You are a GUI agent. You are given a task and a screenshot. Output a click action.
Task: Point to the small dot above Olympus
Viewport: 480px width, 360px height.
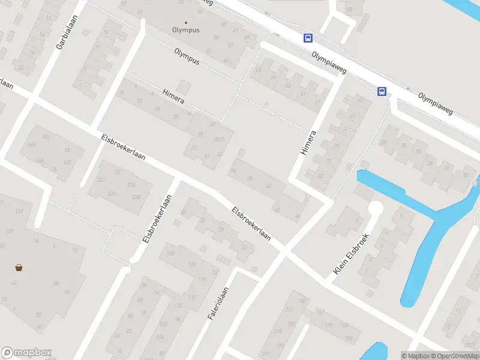(186, 23)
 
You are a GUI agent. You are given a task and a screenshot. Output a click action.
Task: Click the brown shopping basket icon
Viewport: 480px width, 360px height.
(19, 268)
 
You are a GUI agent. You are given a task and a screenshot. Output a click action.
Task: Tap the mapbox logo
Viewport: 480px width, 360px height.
(26, 353)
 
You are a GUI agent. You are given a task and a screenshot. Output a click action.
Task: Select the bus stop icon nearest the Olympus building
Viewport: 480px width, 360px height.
(308, 38)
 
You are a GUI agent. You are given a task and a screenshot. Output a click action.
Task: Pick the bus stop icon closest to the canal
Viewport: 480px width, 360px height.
(382, 91)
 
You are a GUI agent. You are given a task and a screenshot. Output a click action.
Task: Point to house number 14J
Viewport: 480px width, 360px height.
(46, 137)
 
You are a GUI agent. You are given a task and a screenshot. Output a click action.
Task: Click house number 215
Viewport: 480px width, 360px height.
(278, 331)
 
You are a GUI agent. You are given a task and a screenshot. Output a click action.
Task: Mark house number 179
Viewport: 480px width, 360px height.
(328, 325)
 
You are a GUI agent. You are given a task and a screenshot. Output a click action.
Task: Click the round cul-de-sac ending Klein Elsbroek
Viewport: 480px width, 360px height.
(376, 208)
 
